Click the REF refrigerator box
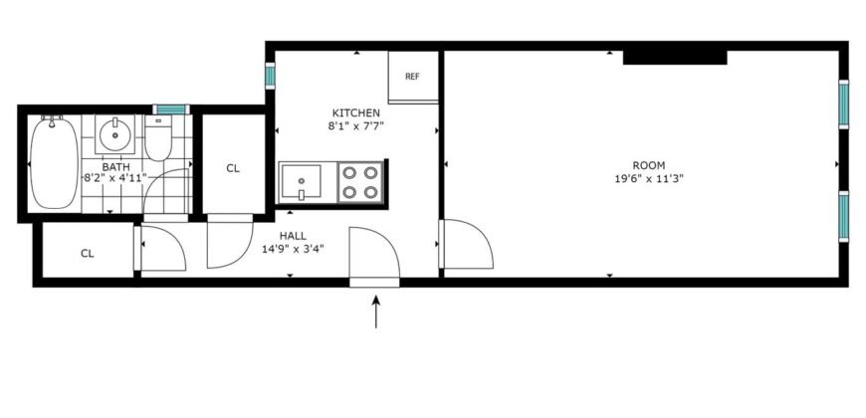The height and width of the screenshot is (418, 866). (410, 77)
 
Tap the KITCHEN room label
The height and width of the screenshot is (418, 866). (356, 113)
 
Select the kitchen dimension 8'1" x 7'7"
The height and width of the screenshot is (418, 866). (356, 126)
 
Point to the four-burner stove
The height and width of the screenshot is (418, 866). (359, 181)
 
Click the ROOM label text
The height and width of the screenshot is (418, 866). (648, 165)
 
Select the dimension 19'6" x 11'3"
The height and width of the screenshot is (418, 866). (648, 179)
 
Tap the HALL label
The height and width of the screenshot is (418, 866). (293, 236)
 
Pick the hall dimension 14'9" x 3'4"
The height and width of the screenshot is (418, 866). (293, 249)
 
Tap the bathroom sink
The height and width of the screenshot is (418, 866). (115, 131)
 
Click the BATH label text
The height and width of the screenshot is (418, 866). (115, 166)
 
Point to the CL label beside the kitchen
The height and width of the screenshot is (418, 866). (233, 168)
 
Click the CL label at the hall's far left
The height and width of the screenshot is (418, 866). (88, 253)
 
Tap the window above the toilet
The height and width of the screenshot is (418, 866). (170, 108)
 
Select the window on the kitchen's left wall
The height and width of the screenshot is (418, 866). (269, 77)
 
